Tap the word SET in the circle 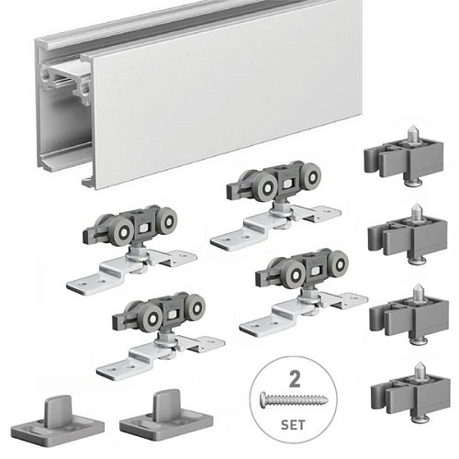(x=293, y=425)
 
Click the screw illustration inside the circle (x=294, y=399)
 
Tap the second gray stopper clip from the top (x=407, y=235)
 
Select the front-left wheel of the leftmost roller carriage (x=122, y=231)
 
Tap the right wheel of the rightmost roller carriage (x=339, y=263)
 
